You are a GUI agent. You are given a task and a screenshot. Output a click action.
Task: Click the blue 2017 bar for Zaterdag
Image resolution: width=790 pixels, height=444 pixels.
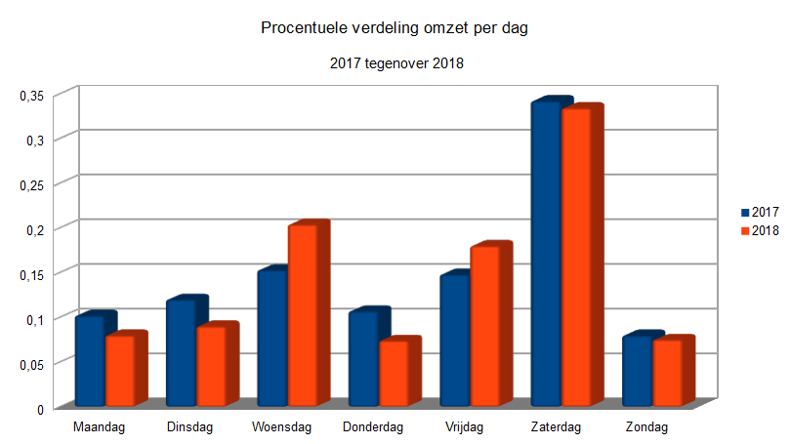pyautogui.click(x=545, y=254)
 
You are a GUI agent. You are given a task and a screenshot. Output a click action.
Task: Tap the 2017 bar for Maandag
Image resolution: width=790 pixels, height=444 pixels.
pyautogui.click(x=89, y=360)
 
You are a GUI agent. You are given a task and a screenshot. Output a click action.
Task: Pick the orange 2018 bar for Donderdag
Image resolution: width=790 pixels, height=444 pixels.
pyautogui.click(x=394, y=373)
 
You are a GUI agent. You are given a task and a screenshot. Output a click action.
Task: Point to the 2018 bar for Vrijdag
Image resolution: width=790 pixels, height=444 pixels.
pyautogui.click(x=484, y=326)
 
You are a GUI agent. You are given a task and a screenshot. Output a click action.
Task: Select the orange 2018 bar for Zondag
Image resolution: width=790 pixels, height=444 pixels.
pyautogui.click(x=667, y=373)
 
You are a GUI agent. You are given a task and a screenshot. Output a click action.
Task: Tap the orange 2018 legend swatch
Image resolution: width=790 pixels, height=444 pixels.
pyautogui.click(x=745, y=230)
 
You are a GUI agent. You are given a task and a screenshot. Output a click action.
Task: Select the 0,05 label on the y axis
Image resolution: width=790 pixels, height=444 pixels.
pyautogui.click(x=32, y=364)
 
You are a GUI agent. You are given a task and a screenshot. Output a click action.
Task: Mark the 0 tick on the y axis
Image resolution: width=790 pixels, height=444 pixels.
pyautogui.click(x=41, y=409)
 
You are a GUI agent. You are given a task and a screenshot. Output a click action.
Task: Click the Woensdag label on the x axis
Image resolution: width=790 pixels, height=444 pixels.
pyautogui.click(x=281, y=427)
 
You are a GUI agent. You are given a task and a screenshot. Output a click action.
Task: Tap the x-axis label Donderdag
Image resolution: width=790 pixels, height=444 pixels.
pyautogui.click(x=374, y=427)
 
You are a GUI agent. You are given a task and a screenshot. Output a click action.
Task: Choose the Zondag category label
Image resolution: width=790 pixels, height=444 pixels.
pyautogui.click(x=646, y=427)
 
